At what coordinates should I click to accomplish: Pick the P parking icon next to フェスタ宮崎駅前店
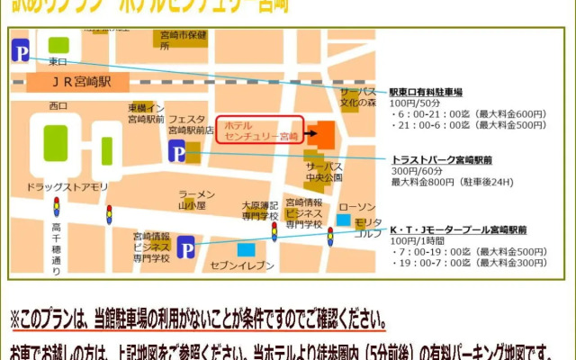click(x=176, y=150)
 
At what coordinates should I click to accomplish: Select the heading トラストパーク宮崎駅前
click(x=442, y=158)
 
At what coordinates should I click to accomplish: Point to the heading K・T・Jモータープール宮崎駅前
click(x=457, y=229)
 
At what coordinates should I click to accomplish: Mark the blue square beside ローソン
click(x=343, y=220)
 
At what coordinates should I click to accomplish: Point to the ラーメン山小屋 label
click(x=197, y=199)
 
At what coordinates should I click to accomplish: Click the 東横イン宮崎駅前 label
click(x=146, y=113)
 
